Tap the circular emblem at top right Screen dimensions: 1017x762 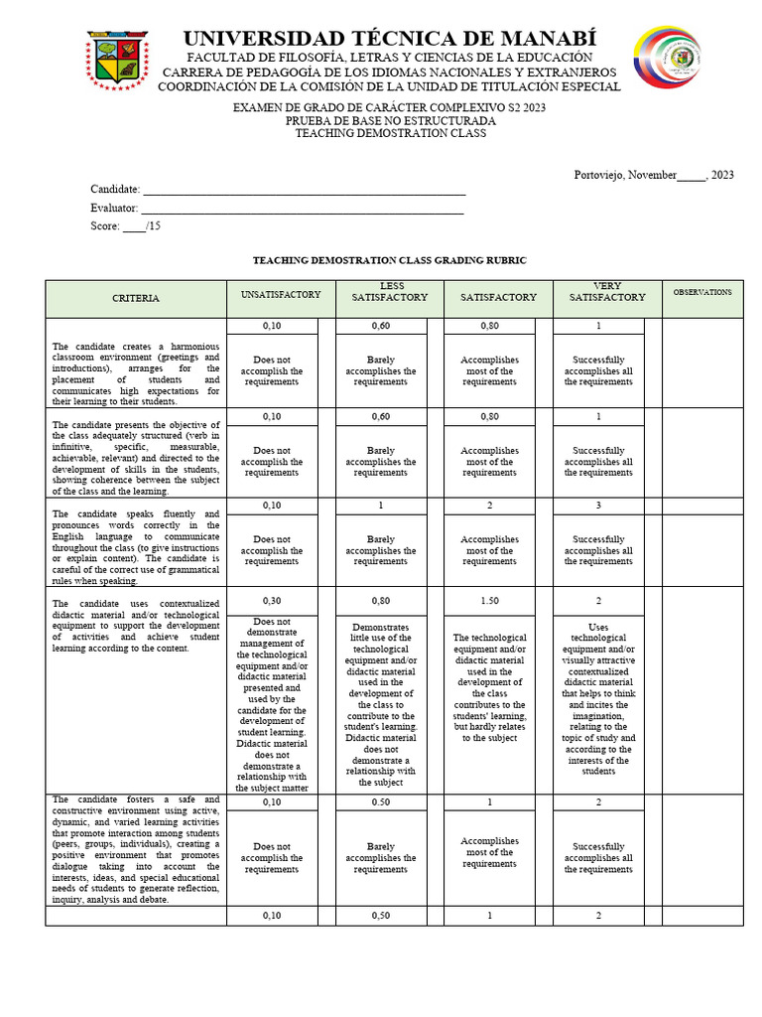(x=667, y=58)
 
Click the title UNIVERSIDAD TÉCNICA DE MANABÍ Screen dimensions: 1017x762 (x=390, y=39)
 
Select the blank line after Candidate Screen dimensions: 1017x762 (x=304, y=190)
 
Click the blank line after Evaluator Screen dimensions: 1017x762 (x=303, y=208)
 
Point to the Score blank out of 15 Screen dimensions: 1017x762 (x=134, y=226)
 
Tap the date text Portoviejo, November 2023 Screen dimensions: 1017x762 (x=654, y=175)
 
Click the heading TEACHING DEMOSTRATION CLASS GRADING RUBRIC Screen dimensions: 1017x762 (x=389, y=259)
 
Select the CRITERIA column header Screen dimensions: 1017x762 (x=136, y=298)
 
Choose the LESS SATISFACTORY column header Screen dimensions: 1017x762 (x=391, y=291)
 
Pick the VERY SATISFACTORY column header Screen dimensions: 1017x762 (x=607, y=291)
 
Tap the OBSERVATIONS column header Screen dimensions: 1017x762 (x=702, y=292)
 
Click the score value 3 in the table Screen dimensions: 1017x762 (x=599, y=506)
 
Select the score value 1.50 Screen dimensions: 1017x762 (x=490, y=601)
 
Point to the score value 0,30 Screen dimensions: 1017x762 (x=272, y=601)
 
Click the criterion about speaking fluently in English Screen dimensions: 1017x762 (x=136, y=541)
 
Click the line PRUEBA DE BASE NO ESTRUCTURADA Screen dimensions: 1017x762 (x=390, y=120)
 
